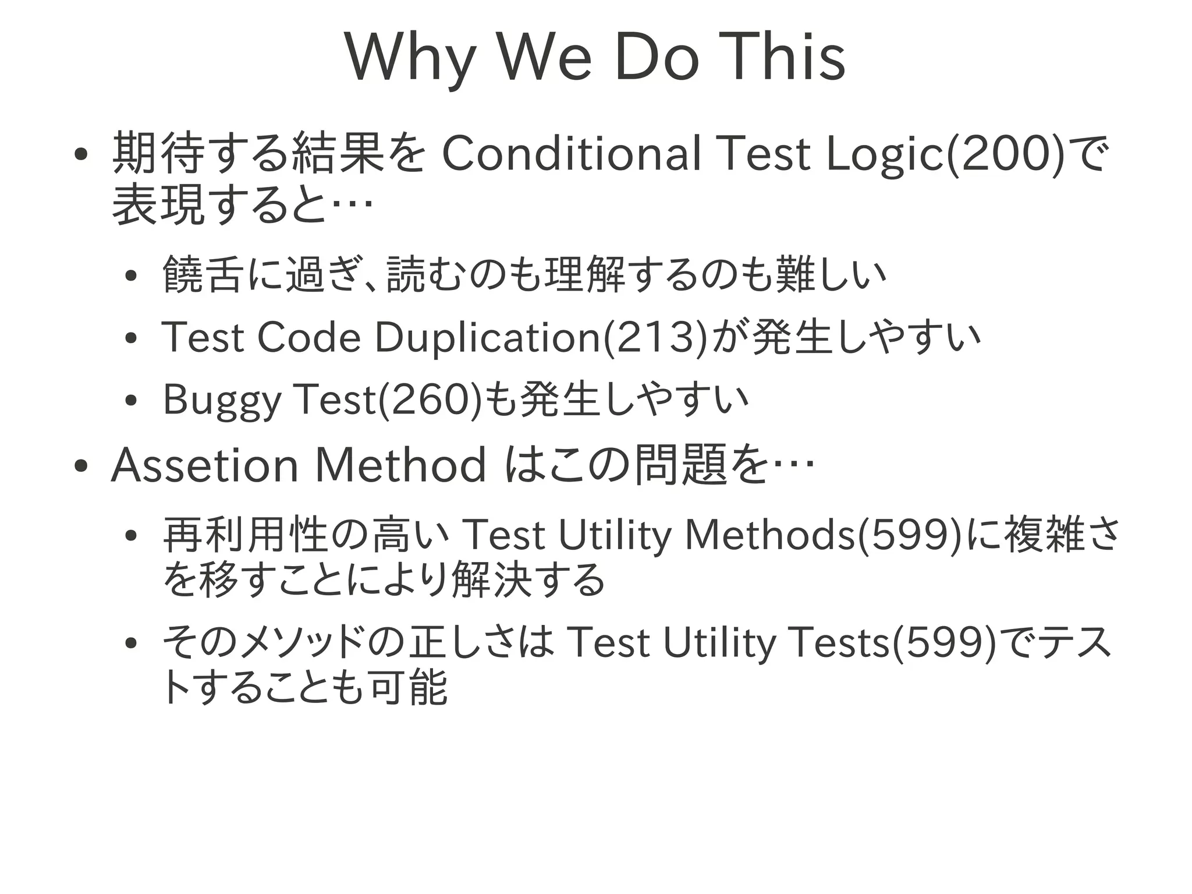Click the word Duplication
click(x=487, y=338)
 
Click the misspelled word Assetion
click(x=204, y=465)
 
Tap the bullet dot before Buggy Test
click(x=130, y=401)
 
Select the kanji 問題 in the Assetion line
click(x=681, y=465)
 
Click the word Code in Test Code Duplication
click(x=308, y=338)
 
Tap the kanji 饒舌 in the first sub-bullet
click(x=201, y=274)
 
